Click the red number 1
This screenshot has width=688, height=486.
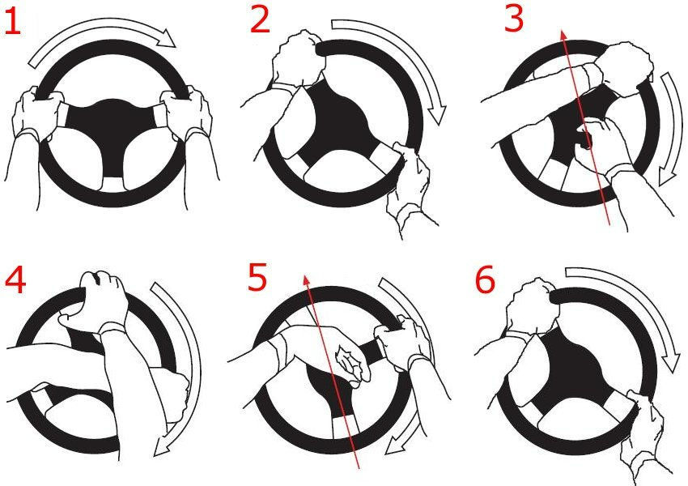pos(12,23)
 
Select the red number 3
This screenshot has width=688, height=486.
pos(514,19)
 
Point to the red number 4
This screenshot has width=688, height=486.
pos(15,281)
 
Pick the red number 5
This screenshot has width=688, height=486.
pos(257,278)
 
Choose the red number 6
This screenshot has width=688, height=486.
pos(486,281)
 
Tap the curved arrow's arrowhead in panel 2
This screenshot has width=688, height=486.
pos(437,115)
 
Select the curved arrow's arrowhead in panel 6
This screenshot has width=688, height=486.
pos(670,364)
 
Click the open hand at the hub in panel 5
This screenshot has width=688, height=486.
pos(351,365)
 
